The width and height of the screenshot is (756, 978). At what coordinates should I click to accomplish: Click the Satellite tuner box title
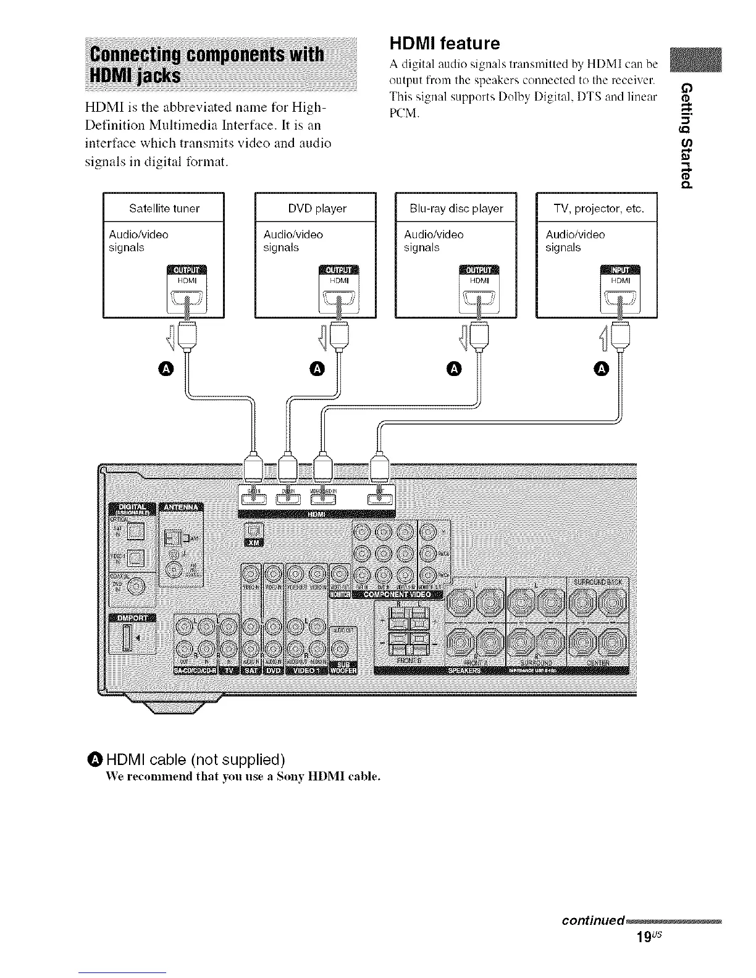[x=164, y=208]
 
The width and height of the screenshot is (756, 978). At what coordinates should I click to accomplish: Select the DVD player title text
[x=317, y=208]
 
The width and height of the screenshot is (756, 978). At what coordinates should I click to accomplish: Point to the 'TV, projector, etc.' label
[x=598, y=208]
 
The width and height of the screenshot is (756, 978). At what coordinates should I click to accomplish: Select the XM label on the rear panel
[x=254, y=543]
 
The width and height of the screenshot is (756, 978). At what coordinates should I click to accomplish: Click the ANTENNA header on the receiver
[x=182, y=508]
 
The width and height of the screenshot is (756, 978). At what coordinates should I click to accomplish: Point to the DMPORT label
[x=132, y=619]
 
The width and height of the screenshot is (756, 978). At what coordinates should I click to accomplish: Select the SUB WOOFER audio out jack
[x=339, y=651]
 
